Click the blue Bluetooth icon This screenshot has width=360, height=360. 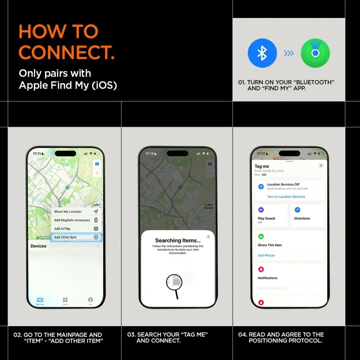[x=262, y=53]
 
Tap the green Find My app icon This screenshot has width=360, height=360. [x=315, y=53]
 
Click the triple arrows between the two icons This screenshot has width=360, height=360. [x=289, y=53]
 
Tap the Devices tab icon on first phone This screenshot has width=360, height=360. [x=40, y=300]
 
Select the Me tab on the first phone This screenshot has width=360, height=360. [x=90, y=300]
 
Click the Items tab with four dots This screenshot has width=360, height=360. [x=65, y=300]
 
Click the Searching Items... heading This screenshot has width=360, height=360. [x=177, y=240]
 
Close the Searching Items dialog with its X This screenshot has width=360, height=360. [x=208, y=237]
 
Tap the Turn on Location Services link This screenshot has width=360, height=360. [x=286, y=197]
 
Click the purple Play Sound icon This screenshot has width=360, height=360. [x=261, y=210]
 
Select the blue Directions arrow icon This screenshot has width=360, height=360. [x=297, y=210]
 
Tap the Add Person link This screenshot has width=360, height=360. [x=266, y=255]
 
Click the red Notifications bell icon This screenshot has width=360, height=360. [x=261, y=269]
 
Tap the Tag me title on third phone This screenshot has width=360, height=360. [x=262, y=166]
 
